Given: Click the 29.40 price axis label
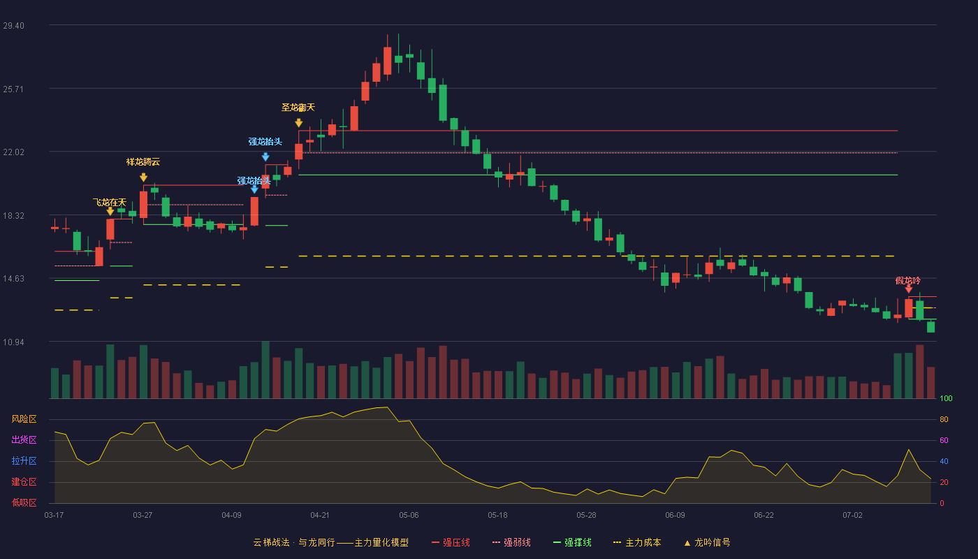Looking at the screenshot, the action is coord(13,26).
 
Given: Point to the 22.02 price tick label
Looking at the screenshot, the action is coord(13,152).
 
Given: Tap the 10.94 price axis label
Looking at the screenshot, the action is coord(13,342).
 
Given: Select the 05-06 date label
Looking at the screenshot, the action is coord(409,516).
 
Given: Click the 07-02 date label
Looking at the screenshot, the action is coord(852,516).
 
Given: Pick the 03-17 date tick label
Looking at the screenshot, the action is coord(54,516).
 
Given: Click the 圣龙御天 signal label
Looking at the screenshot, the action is coord(298,108).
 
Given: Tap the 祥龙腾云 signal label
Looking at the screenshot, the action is coord(143,162).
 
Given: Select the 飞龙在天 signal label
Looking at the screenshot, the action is coord(110,202).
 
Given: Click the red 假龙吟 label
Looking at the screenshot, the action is coord(907,281).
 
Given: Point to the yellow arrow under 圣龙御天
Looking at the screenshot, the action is coord(299,123).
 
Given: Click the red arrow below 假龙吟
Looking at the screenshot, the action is coord(909,289).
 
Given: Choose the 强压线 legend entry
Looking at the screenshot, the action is coord(451,542).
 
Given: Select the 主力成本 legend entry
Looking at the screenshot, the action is coord(637,542).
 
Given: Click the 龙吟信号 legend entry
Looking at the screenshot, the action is coord(707,542).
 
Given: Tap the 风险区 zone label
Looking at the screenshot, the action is coord(24,419).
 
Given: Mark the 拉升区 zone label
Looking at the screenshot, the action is coord(24,460).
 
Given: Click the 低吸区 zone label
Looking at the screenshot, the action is coord(24,502).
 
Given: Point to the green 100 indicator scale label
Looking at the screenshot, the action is coord(946,398).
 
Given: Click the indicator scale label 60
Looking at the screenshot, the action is coord(944,440).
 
